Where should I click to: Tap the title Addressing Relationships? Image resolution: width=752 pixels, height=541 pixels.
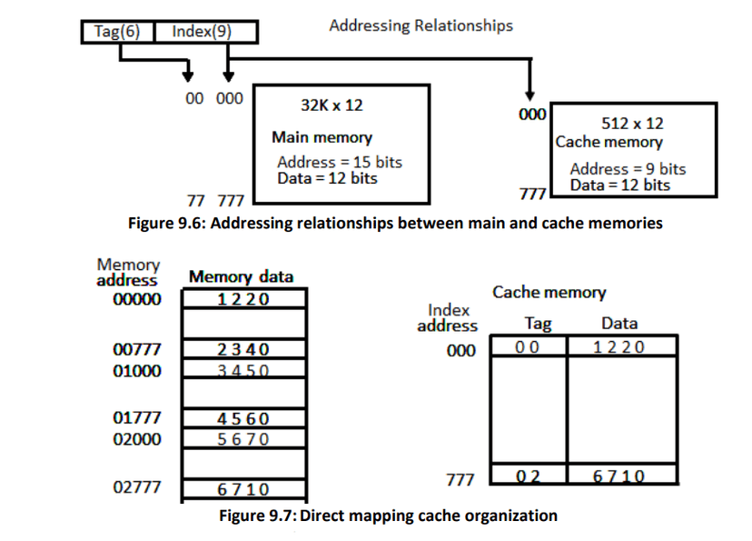(421, 25)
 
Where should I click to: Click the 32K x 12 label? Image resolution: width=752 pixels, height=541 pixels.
(331, 105)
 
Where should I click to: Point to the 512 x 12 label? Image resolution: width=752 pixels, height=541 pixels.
(632, 123)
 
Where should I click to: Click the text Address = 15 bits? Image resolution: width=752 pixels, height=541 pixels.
(339, 162)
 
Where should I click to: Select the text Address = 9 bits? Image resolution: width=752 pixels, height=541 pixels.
(628, 168)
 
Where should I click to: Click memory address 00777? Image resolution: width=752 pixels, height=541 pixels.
(135, 349)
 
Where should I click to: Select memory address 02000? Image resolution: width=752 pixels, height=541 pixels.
(135, 438)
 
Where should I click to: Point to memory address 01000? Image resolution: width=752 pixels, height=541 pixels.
(135, 370)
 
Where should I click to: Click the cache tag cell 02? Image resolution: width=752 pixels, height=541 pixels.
(528, 476)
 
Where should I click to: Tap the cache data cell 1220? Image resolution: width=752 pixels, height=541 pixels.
(619, 346)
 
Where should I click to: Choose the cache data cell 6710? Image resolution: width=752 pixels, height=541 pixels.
(619, 476)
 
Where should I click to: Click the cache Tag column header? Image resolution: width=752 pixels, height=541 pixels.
(539, 323)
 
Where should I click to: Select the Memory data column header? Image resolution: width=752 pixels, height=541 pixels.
(241, 277)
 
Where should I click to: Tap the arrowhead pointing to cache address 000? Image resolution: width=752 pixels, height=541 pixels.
(529, 95)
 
